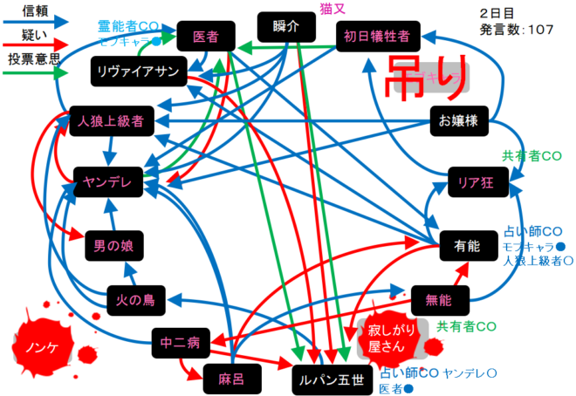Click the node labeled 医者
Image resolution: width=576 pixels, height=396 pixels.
(x=206, y=37)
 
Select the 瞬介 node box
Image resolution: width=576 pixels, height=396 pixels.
(x=285, y=27)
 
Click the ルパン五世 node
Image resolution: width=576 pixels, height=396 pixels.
(x=332, y=379)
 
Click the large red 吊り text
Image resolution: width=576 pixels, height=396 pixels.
(x=426, y=74)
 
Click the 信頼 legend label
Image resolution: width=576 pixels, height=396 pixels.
(x=35, y=11)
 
